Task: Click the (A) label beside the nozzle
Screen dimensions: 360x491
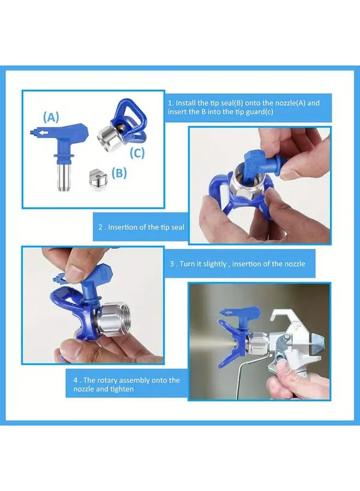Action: [51, 117]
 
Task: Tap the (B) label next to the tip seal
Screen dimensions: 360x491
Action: [119, 172]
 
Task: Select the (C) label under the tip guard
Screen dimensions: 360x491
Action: [137, 153]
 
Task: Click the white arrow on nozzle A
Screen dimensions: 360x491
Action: [44, 133]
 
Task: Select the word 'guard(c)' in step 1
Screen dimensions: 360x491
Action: [260, 112]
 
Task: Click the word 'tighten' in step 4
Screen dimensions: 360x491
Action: [122, 389]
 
